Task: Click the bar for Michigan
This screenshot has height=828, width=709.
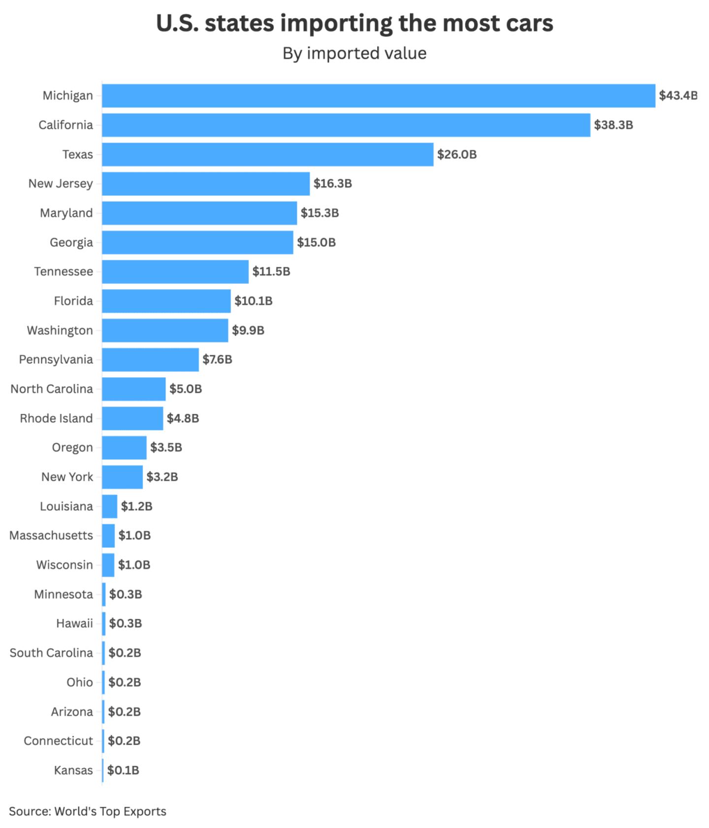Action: click(378, 96)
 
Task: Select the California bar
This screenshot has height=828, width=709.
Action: click(346, 125)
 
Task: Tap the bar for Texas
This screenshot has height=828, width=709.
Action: click(267, 154)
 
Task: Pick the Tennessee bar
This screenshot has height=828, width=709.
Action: click(175, 271)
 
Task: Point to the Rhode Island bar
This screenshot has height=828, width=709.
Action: click(132, 418)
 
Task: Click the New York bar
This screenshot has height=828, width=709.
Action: click(122, 477)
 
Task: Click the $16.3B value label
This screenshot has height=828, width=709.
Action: click(332, 184)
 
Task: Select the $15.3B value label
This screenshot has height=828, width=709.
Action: click(320, 213)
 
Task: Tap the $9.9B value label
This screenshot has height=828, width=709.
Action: click(248, 330)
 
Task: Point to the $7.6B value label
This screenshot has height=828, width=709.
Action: click(217, 359)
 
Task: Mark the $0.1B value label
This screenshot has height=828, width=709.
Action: click(123, 770)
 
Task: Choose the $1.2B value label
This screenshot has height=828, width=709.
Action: click(136, 506)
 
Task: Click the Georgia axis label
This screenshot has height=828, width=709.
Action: click(71, 242)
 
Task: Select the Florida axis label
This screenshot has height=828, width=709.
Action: click(73, 301)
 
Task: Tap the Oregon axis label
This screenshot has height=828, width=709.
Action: click(72, 447)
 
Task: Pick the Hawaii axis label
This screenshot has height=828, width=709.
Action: click(74, 624)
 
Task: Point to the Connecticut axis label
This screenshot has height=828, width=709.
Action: click(58, 741)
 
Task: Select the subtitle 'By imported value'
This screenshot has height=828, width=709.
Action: click(354, 53)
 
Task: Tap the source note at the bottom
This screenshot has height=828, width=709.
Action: click(88, 811)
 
